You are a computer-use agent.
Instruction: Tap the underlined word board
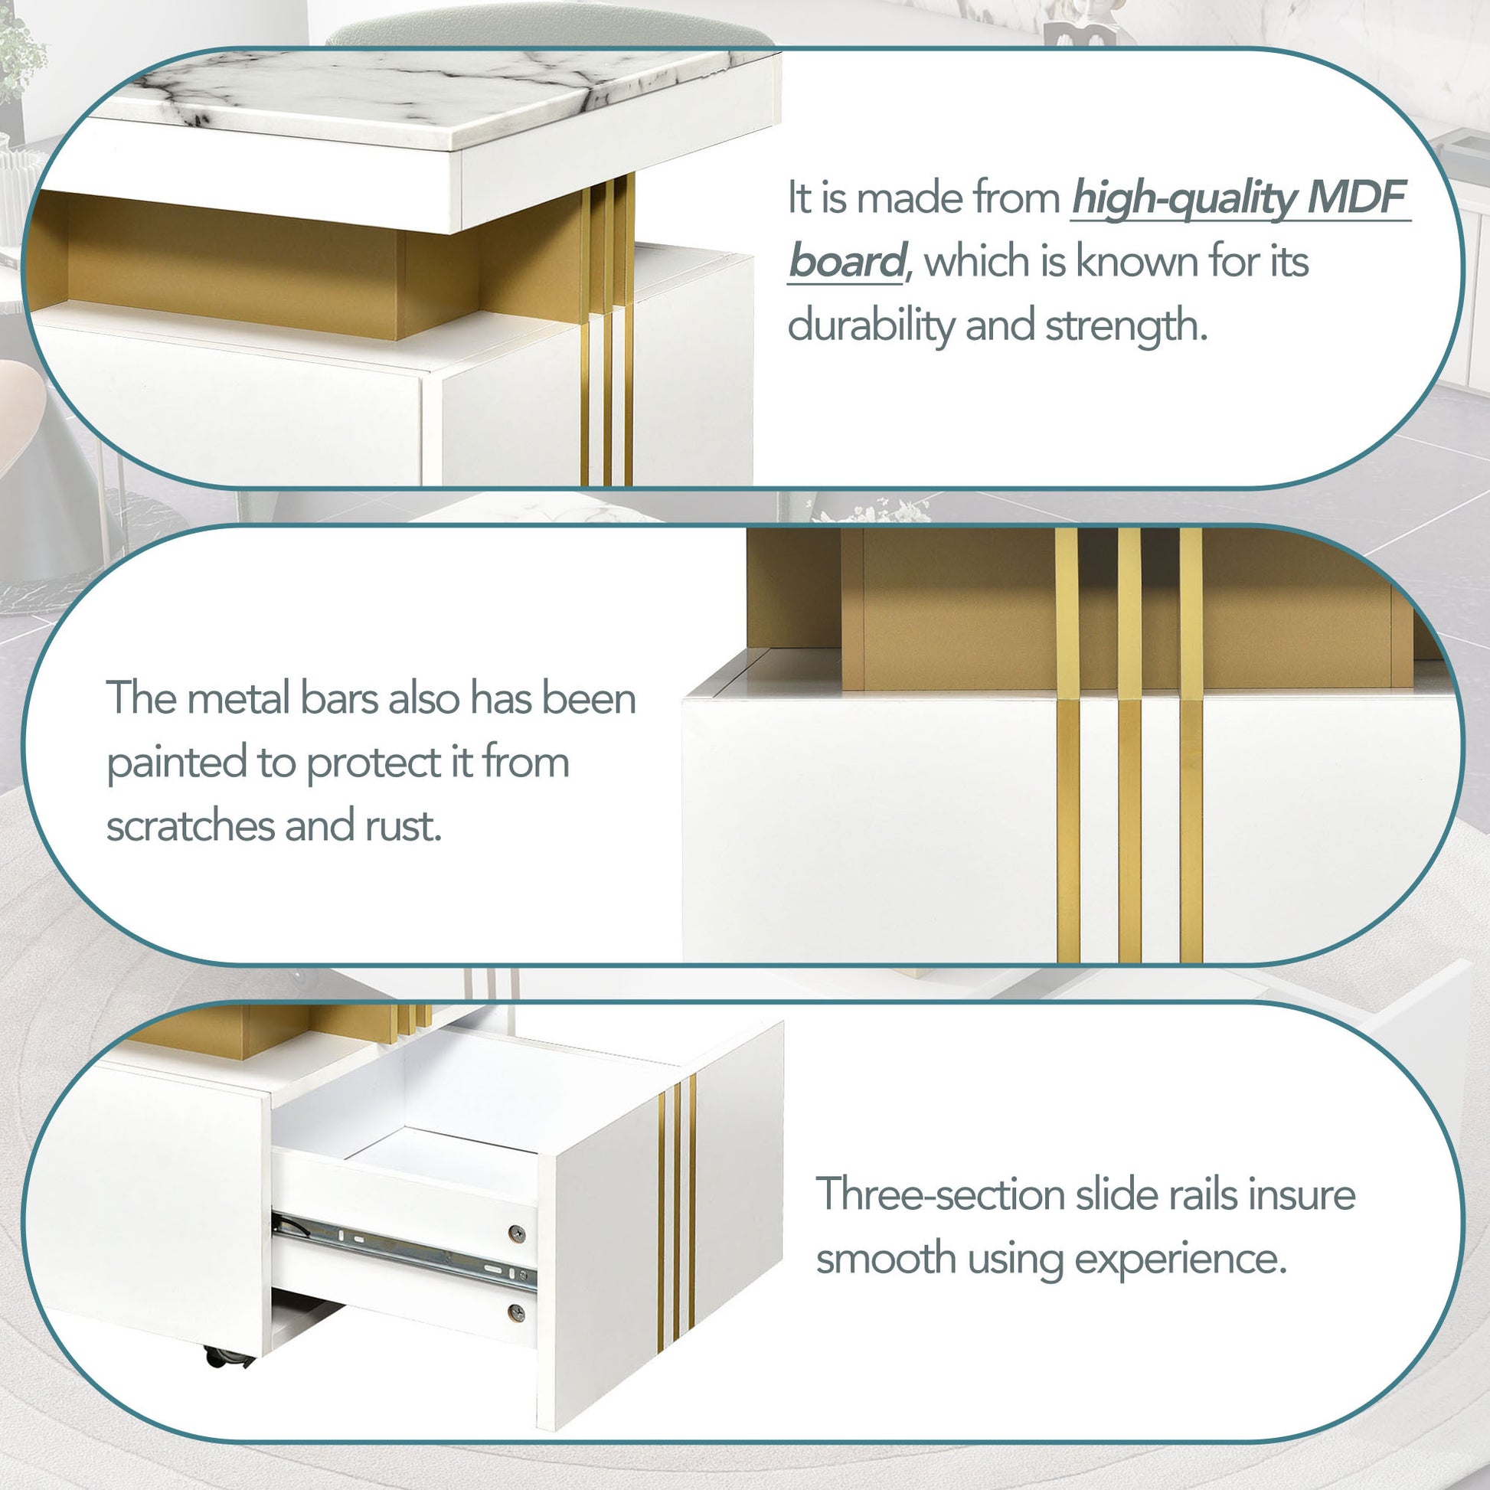[x=846, y=260]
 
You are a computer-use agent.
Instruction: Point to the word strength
[x=1126, y=325]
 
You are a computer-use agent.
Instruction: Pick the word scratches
[x=190, y=826]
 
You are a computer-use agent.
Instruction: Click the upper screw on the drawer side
[x=517, y=1233]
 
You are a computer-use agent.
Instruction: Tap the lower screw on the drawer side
[x=517, y=1311]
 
